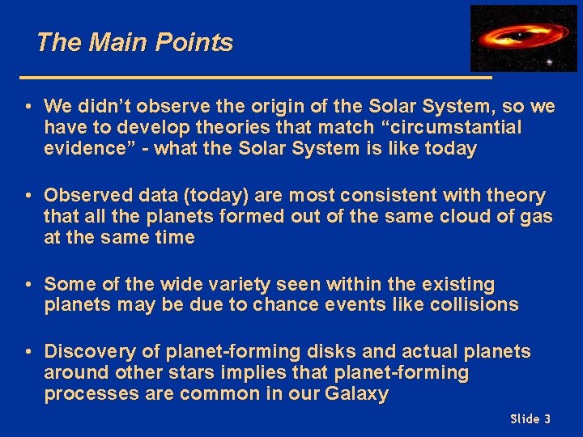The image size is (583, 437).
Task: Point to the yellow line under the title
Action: [255, 78]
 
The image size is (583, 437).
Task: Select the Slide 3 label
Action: [530, 418]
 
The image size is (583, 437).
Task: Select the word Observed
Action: [83, 195]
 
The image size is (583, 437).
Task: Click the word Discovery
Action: [87, 351]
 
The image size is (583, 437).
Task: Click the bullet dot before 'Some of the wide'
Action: [28, 285]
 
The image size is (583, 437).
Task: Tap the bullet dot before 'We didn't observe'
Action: [28, 107]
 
